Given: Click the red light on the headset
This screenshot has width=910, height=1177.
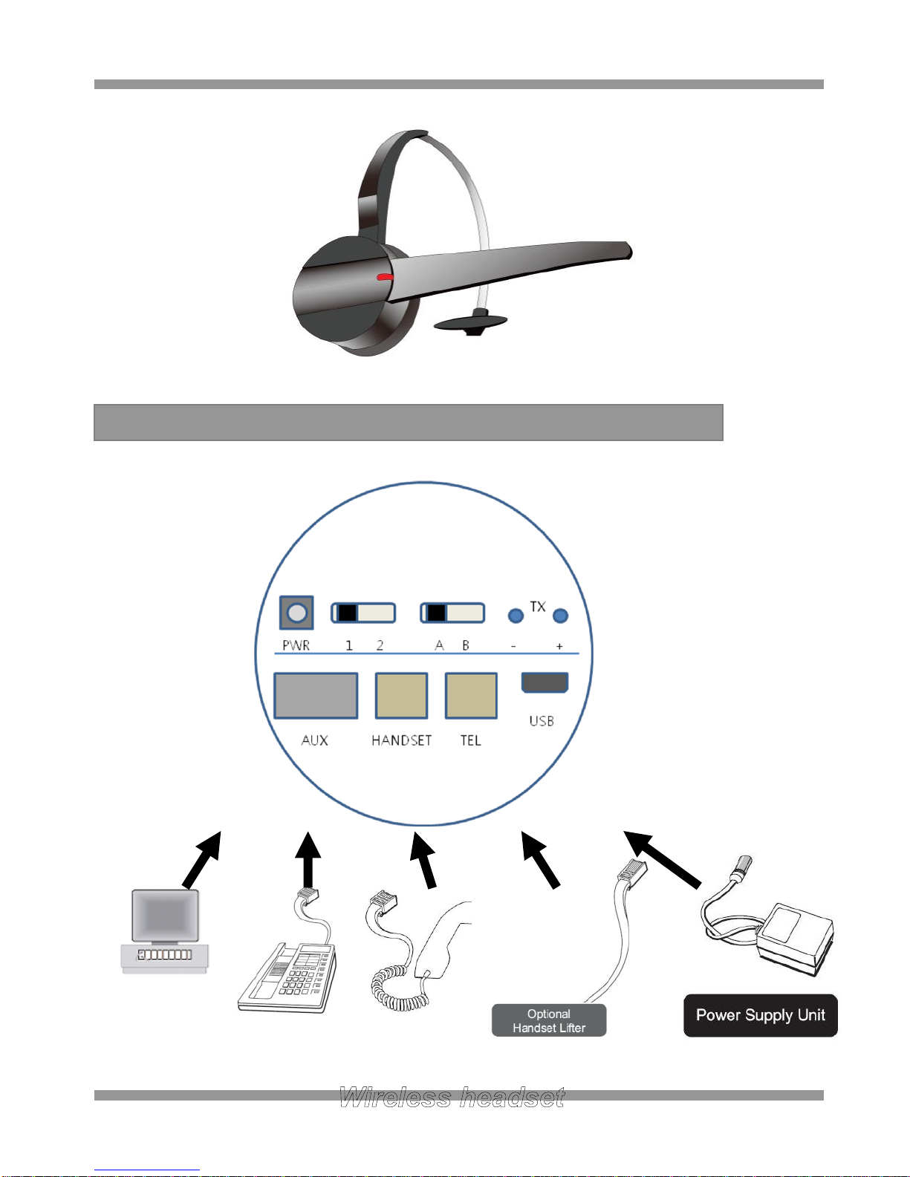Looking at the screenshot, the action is [x=386, y=277].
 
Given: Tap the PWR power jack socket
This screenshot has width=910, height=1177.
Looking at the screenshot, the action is [x=296, y=613].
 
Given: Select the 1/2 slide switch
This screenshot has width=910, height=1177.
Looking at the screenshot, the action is [x=363, y=613].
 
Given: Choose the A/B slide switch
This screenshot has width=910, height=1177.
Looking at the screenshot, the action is [x=452, y=613].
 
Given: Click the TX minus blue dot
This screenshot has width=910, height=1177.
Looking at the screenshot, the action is [x=516, y=616].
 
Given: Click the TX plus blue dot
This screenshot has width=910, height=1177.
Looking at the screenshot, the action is [x=560, y=616].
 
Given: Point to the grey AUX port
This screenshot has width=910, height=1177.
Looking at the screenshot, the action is [x=316, y=696].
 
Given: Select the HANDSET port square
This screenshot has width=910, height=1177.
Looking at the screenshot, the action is [x=401, y=696].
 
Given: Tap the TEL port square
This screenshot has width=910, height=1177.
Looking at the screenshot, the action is [x=471, y=696].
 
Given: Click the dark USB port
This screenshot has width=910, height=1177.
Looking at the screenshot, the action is [x=545, y=682].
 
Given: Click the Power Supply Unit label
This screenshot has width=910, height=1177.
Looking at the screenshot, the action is [x=761, y=1015].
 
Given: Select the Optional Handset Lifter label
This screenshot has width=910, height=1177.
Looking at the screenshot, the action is [x=549, y=1020].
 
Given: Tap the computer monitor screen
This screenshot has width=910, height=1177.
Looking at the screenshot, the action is [x=166, y=916].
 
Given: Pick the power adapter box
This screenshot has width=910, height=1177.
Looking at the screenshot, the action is [x=794, y=939].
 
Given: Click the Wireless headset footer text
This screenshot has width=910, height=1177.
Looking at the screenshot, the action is [x=452, y=1098].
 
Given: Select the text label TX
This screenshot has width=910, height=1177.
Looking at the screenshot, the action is [x=538, y=607].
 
